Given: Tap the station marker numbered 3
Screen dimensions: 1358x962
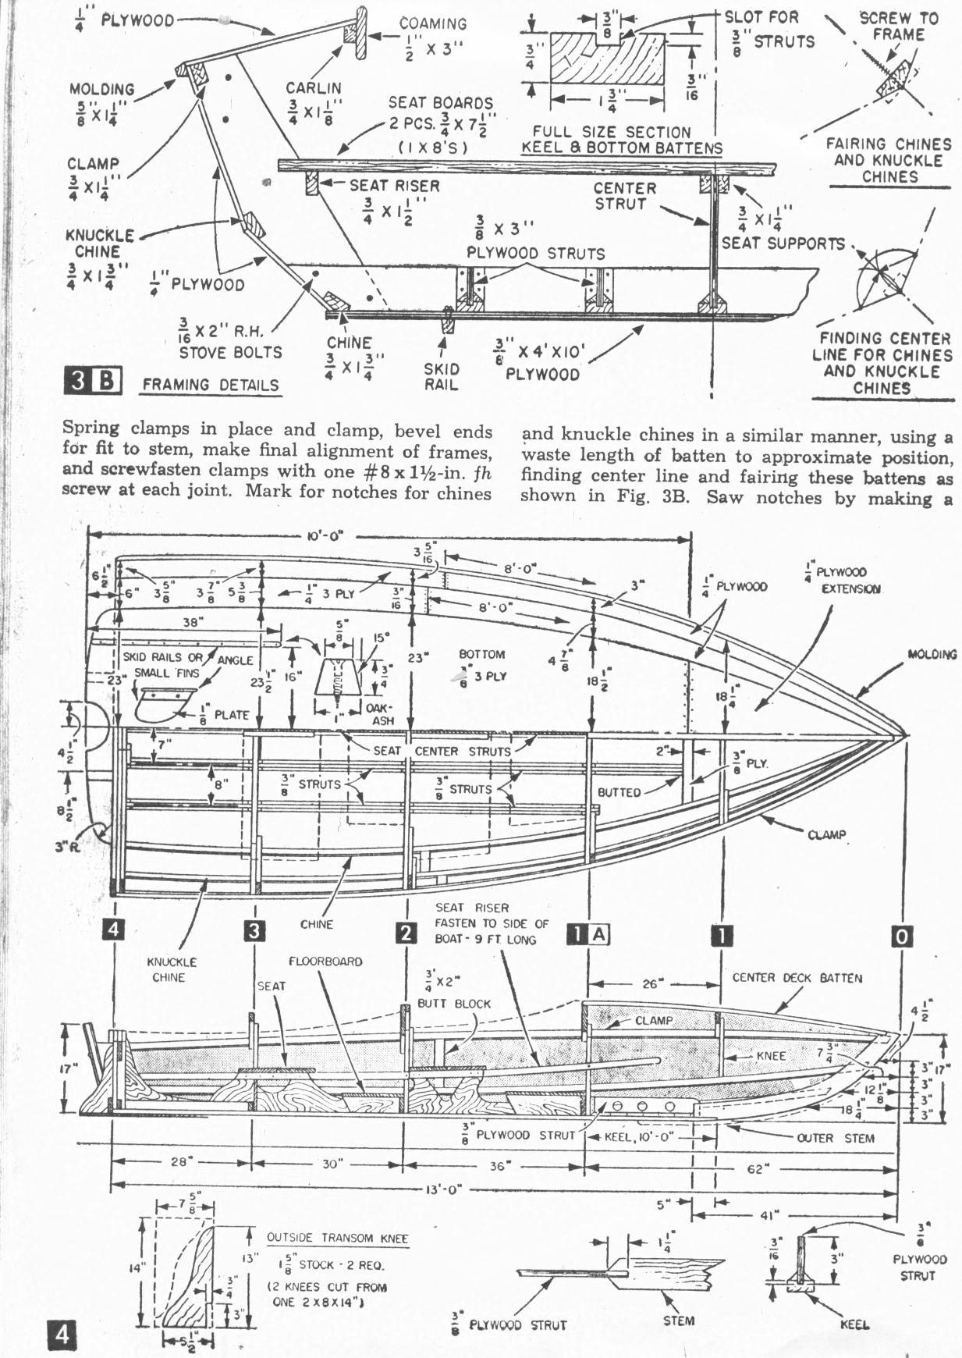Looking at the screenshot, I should (x=254, y=931).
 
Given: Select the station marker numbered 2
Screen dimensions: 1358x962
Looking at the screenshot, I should (x=405, y=932).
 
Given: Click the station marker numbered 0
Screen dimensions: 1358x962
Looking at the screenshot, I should (x=901, y=936).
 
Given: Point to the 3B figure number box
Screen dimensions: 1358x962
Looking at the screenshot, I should (x=92, y=382).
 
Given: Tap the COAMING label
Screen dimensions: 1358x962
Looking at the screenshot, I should (x=432, y=24).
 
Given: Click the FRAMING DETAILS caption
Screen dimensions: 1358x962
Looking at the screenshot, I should (x=211, y=385).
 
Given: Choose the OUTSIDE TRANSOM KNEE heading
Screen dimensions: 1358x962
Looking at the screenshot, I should (x=337, y=1238).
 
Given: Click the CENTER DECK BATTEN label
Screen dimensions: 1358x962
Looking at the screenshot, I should (x=797, y=978).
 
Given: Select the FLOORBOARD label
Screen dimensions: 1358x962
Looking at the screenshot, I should (x=325, y=962).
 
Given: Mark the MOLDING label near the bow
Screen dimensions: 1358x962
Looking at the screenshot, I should (x=932, y=654).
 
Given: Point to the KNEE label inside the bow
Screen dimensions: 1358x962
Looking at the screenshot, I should (x=771, y=1055).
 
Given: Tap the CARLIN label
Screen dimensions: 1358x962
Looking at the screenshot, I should (x=313, y=88).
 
